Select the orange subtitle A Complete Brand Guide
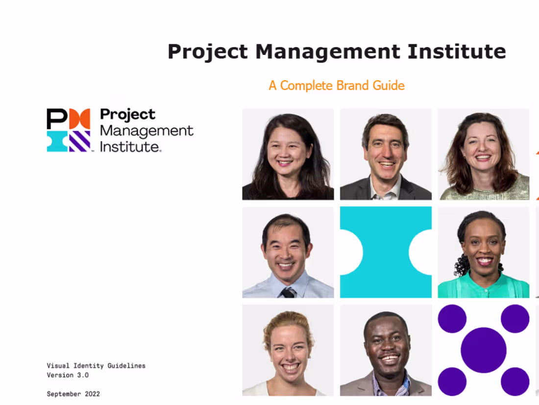(337, 85)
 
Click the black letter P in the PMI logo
(57, 119)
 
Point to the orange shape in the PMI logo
(79, 119)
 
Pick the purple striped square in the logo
(79, 141)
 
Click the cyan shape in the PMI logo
(57, 141)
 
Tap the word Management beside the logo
(147, 131)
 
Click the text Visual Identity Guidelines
(96, 366)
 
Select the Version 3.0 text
(68, 375)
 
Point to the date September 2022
(73, 394)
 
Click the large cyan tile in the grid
(386, 252)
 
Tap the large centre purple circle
(483, 350)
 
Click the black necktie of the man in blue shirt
(288, 293)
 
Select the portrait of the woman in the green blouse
(483, 252)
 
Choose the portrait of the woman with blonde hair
(288, 350)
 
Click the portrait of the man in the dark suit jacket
(386, 154)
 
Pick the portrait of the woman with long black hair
(288, 154)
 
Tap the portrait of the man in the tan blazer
(386, 350)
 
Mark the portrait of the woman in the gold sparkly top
(483, 154)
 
